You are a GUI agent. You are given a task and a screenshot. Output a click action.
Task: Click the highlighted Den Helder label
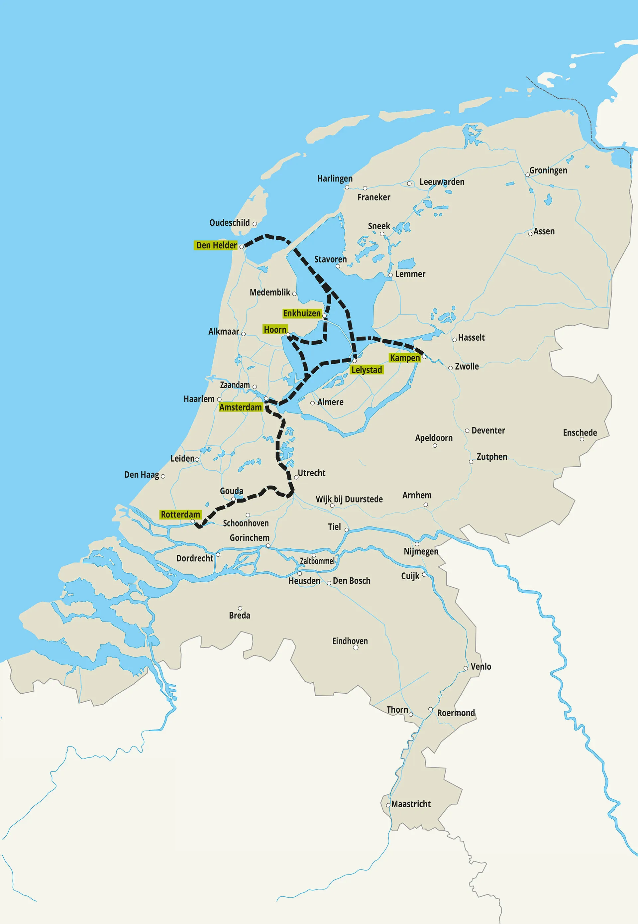point(216,245)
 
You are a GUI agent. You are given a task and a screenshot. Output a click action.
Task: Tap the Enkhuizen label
point(302,313)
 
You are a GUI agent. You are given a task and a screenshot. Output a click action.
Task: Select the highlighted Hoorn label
point(275,329)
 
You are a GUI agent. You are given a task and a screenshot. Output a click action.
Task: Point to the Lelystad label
point(367,370)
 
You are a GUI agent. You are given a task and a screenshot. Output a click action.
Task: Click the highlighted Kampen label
point(404,358)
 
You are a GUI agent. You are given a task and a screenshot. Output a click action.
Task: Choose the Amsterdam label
point(240,407)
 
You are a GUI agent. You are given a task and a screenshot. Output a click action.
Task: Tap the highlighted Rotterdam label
point(180,514)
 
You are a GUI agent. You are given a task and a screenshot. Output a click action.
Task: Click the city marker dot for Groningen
point(527,175)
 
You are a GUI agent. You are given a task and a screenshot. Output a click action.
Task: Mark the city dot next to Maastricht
point(388,805)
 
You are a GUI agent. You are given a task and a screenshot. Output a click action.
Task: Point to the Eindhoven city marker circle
point(355,647)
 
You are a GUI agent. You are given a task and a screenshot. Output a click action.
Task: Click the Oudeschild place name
point(230,223)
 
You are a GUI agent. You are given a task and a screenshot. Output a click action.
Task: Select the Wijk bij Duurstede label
point(349,499)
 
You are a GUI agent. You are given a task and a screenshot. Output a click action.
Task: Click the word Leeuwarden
point(442,182)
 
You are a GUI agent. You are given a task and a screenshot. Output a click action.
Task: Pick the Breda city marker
point(240,608)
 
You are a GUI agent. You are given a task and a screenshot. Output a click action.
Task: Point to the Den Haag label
point(142,475)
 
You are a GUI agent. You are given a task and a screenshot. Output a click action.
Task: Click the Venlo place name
point(480,666)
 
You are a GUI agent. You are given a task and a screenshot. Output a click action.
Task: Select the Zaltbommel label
point(317,561)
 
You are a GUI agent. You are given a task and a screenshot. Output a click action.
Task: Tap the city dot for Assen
point(530,234)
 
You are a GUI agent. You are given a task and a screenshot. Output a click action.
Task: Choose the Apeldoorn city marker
point(435,445)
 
